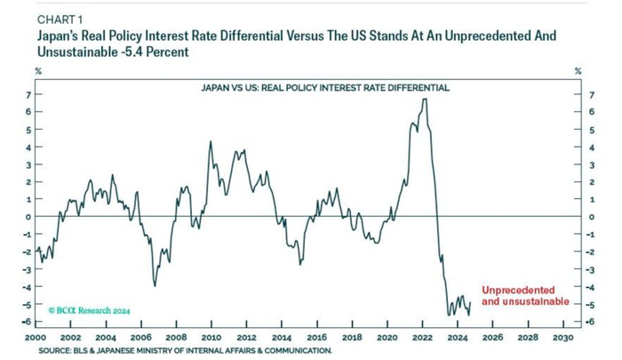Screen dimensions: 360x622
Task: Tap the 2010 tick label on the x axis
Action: tap(211, 339)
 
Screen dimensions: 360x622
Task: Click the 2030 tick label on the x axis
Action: tap(562, 339)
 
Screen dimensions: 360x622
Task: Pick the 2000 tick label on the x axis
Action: tap(36, 339)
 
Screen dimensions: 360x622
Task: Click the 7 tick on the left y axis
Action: tap(27, 94)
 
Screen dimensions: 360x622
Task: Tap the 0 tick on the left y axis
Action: tap(27, 217)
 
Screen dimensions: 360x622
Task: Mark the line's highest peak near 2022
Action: tap(425, 99)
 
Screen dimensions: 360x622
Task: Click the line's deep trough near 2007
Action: tap(155, 285)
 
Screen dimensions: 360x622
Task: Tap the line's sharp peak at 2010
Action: tap(211, 141)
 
